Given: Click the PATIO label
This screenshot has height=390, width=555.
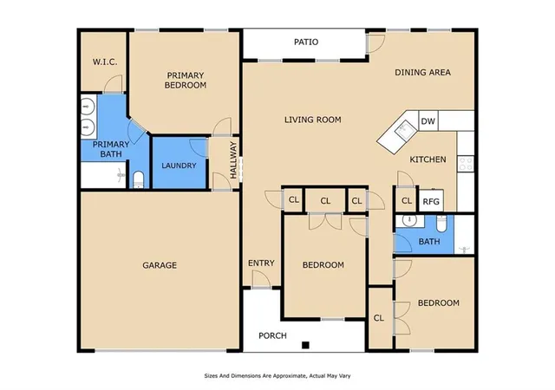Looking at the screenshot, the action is point(306,42).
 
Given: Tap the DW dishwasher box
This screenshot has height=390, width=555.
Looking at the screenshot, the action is point(428,121).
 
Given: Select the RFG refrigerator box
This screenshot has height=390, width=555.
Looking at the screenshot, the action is point(431,201).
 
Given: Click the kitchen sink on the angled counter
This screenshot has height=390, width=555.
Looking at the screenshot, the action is point(405,129).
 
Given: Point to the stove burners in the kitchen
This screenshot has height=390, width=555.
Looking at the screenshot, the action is point(466,164).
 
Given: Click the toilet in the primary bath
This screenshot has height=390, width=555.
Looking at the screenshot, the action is point(138,179).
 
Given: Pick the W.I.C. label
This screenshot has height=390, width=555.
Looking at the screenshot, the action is point(105,62).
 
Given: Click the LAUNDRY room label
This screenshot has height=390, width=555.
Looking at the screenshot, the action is point(179,166).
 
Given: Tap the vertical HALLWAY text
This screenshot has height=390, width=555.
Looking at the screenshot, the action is point(233,160).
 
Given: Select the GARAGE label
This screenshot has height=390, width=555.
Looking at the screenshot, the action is point(160,265).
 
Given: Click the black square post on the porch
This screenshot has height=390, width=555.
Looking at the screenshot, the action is point(305,345).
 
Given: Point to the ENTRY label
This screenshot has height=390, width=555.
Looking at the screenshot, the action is point(261,263).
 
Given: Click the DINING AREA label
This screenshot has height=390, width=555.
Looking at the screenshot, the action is point(422,73).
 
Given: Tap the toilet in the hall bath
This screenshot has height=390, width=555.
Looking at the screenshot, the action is point(441,223).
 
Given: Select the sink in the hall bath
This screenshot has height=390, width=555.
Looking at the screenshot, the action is point(409,221).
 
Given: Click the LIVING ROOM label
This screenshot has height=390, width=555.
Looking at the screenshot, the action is point(313,120).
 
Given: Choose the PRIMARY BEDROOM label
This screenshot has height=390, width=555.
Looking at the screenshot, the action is point(186,81).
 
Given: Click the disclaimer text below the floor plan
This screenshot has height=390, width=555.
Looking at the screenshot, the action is point(277,376).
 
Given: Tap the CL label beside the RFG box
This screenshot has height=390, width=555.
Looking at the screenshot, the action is point(407,201).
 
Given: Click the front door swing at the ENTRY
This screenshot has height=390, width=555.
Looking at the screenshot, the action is point(261,280).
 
